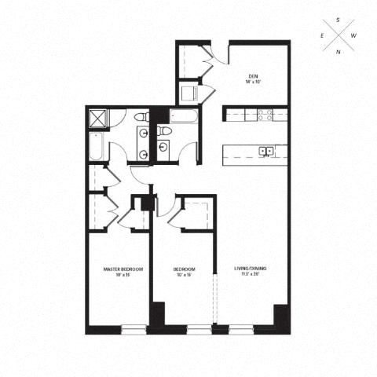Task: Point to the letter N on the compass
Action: (x=338, y=53)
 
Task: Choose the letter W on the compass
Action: (x=354, y=36)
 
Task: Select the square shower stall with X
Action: (x=98, y=118)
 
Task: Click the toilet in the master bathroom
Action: (x=141, y=118)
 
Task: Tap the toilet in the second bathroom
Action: (x=162, y=130)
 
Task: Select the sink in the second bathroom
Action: (x=163, y=147)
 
